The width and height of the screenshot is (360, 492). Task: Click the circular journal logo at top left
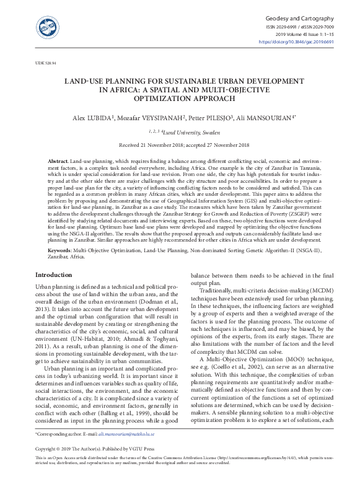pos(48,26)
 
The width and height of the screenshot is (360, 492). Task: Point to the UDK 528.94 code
pos(45,63)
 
